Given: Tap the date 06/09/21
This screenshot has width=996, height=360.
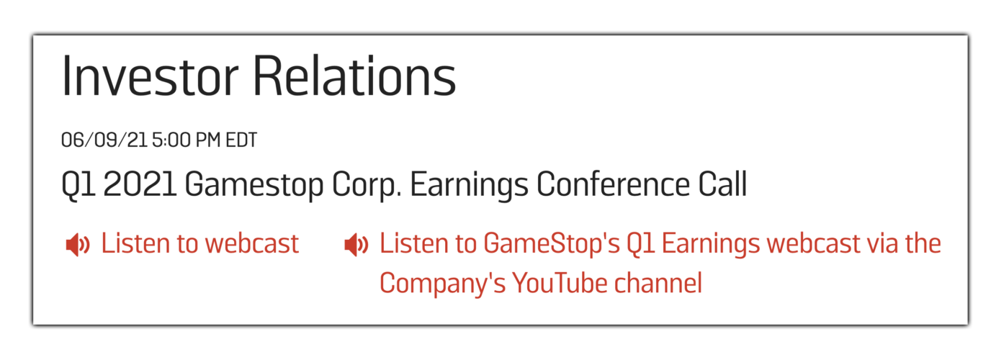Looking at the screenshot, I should tap(104, 140).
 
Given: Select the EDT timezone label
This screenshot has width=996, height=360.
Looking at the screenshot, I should tap(241, 140).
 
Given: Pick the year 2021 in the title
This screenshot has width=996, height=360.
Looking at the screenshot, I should tap(140, 185).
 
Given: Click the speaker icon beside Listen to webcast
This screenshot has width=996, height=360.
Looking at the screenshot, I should tap(77, 245).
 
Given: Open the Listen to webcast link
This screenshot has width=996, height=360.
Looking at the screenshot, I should tap(199, 244).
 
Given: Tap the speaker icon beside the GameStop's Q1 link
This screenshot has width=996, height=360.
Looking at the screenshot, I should tap(356, 245).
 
